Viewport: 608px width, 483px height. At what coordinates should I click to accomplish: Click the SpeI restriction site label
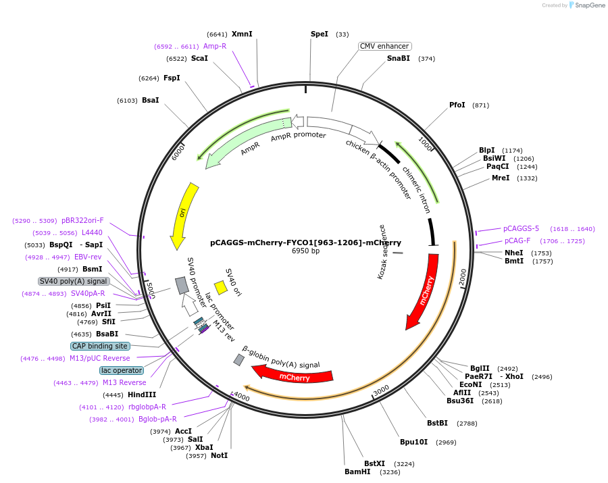[x=319, y=34]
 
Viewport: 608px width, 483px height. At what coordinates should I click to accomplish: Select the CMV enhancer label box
[x=384, y=46]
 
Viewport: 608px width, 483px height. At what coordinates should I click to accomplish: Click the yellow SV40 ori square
[x=220, y=287]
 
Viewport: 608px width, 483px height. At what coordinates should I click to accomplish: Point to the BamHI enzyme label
[x=357, y=472]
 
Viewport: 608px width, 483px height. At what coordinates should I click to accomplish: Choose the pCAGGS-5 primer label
[x=521, y=228]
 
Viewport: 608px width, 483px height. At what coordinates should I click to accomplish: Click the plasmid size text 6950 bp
[x=305, y=251]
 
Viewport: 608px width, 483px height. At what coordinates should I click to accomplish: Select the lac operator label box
[x=122, y=370]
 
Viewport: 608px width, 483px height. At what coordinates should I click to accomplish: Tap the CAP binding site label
[x=100, y=346]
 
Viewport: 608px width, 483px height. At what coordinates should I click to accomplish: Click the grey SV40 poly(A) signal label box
[x=74, y=281]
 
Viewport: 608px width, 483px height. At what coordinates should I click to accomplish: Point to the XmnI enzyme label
[x=242, y=34]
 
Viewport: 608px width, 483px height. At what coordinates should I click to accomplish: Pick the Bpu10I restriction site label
[x=413, y=442]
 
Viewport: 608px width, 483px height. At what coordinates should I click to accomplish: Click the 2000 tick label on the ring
[x=463, y=277]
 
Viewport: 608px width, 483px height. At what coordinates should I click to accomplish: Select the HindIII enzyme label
[x=142, y=395]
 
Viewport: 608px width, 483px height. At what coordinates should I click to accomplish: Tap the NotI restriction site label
[x=219, y=455]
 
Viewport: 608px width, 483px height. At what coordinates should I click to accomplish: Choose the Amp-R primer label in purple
[x=215, y=46]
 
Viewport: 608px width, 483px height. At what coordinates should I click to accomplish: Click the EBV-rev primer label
[x=88, y=257]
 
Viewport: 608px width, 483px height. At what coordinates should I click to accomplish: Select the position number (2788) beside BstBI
[x=467, y=424]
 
